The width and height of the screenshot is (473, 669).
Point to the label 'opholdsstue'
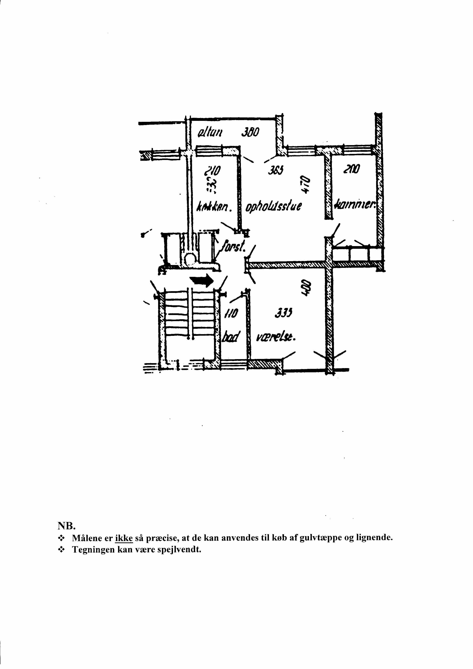(274, 206)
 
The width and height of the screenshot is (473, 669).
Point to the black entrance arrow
(203, 281)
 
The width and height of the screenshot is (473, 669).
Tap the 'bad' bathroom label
(231, 338)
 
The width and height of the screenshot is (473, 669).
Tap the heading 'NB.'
(67, 526)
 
